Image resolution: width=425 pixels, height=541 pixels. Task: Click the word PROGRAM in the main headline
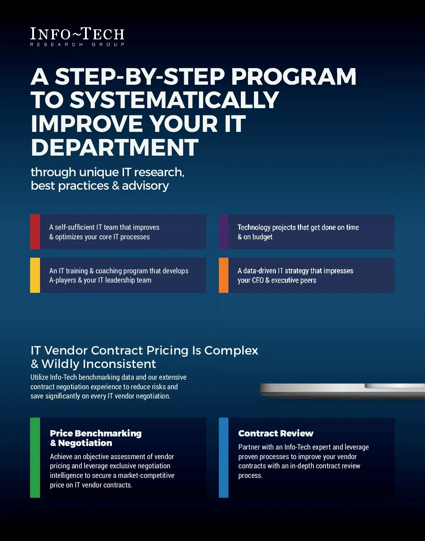tap(294, 77)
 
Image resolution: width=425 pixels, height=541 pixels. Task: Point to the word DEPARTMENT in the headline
tap(115, 147)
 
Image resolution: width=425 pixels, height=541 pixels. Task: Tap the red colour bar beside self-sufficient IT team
tap(35, 232)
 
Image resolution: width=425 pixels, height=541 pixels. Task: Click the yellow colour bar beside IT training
tap(35, 275)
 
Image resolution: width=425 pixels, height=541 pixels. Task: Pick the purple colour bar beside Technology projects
tap(223, 232)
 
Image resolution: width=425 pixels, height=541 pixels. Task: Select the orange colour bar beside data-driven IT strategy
tap(223, 275)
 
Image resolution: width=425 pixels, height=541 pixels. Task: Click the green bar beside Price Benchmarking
tap(35, 457)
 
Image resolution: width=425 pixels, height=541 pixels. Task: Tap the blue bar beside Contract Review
tap(223, 457)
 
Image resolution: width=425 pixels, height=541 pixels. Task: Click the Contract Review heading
tap(276, 433)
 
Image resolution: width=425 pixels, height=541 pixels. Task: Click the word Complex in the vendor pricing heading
tap(231, 351)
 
